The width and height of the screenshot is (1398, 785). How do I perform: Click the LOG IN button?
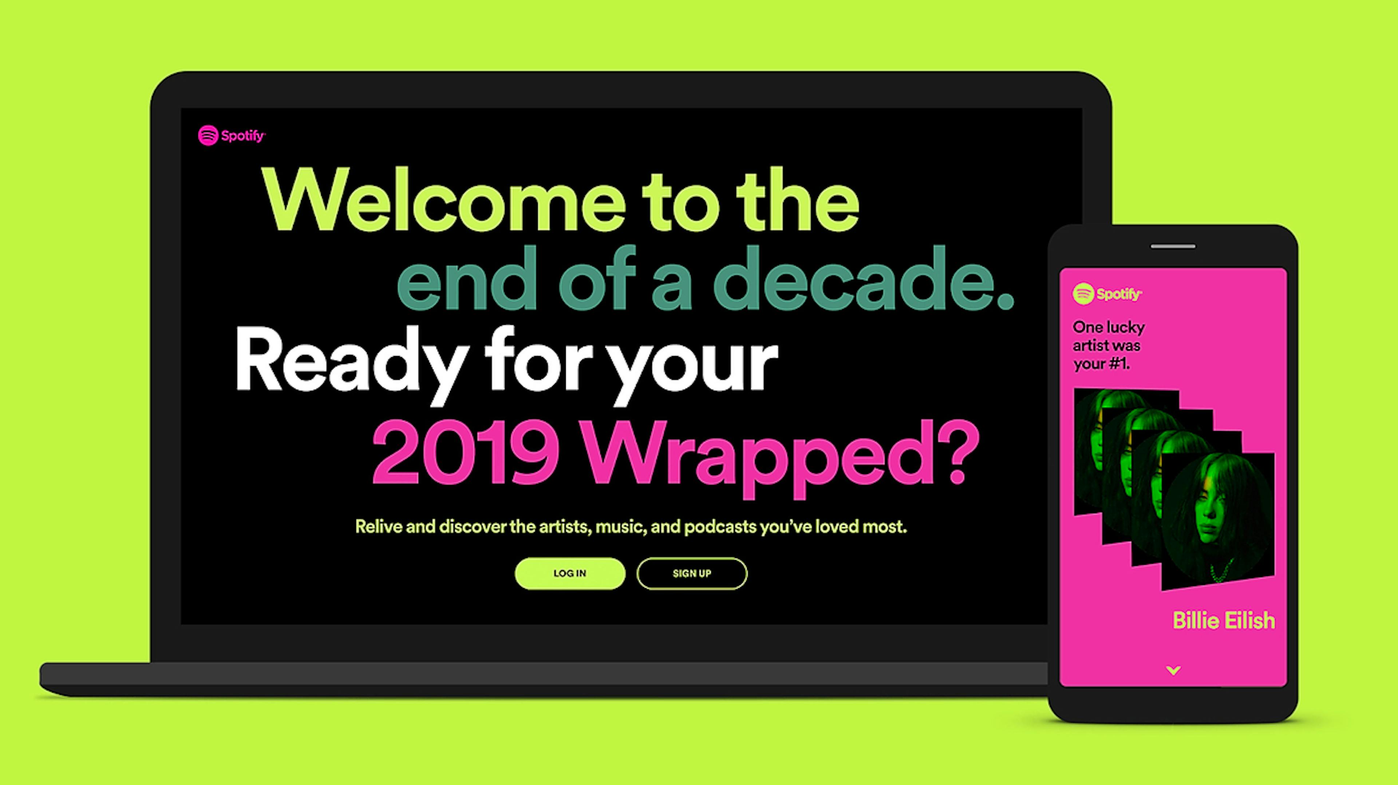point(570,573)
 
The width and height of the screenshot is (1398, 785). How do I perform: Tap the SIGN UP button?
point(692,573)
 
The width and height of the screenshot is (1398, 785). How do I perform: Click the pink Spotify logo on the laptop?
point(232,135)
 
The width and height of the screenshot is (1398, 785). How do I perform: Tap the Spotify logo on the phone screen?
point(1107,294)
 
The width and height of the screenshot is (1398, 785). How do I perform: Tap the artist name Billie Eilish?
point(1223,620)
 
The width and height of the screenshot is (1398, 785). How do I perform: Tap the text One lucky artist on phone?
point(1108,336)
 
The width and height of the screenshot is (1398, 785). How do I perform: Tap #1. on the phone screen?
point(1119,364)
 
